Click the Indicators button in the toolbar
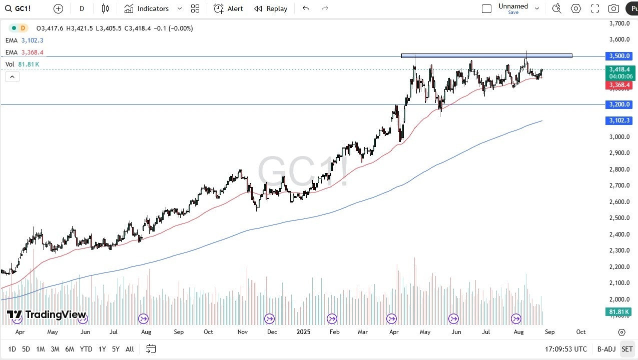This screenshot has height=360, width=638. (147, 8)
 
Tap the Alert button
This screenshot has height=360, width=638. (228, 8)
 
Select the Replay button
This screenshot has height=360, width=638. (270, 8)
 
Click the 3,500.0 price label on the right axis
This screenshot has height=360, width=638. (619, 56)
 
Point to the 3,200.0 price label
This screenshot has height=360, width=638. (619, 104)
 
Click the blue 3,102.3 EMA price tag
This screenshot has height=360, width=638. (619, 120)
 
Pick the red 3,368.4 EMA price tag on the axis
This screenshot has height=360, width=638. (619, 85)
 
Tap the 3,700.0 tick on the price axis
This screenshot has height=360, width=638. (619, 23)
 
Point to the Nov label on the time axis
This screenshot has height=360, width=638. (243, 332)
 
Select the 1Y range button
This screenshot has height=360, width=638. (102, 349)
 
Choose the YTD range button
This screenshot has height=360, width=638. (86, 349)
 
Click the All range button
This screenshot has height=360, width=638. (130, 349)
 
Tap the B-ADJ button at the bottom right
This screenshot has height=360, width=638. (606, 349)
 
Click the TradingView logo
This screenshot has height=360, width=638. (47, 315)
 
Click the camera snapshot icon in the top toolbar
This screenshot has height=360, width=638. (613, 8)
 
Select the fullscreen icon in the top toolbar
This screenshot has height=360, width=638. (595, 8)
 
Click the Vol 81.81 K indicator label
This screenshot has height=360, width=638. (23, 64)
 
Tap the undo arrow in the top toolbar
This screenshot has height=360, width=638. (306, 8)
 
